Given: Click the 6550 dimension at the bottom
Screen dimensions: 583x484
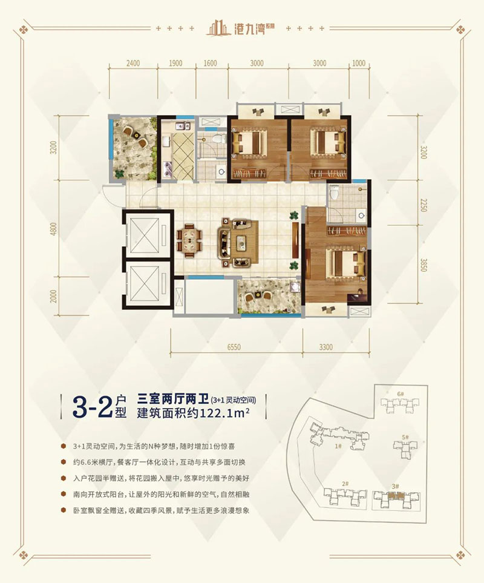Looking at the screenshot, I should (234, 347).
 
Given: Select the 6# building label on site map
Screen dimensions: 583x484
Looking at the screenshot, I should (400, 394).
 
